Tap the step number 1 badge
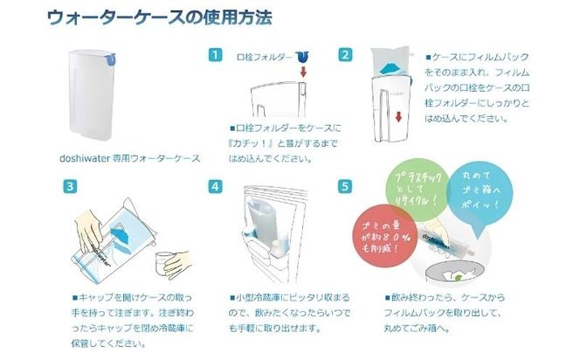215,55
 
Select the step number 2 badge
346,55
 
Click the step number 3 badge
68,186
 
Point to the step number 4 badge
215,186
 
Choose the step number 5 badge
346,186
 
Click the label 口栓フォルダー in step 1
264,56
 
